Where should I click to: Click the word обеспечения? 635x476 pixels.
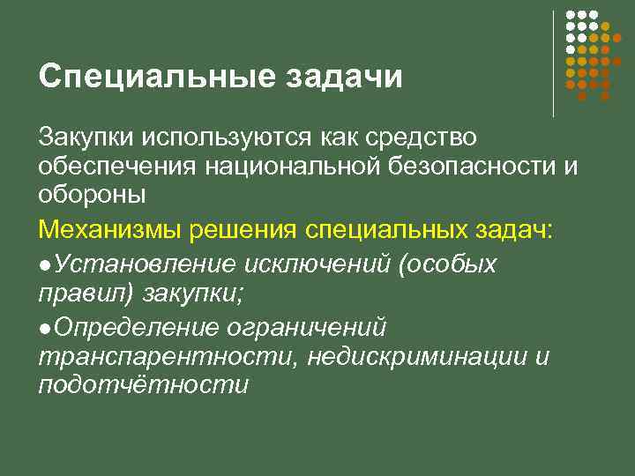pos(114,167)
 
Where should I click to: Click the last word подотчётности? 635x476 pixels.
pos(143,386)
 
